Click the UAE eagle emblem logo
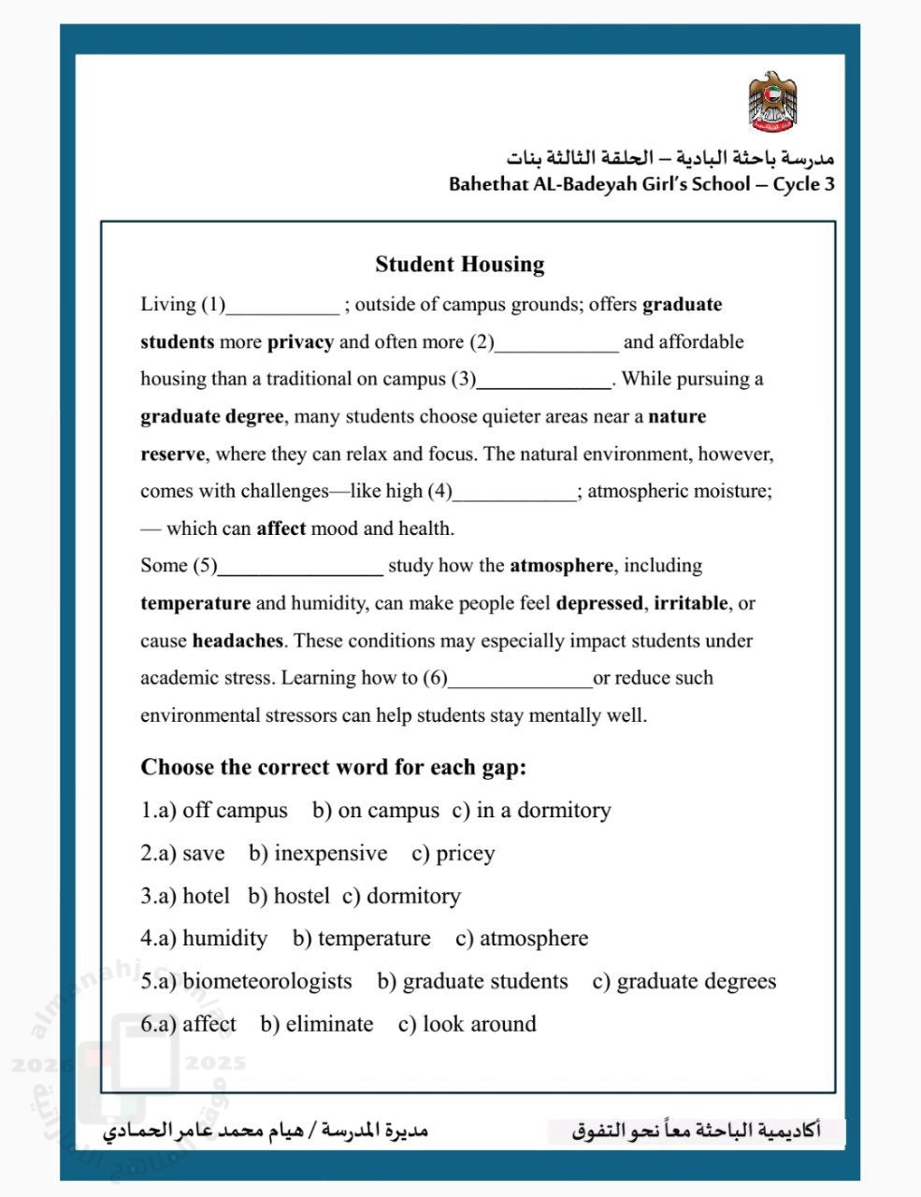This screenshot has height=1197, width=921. (772, 101)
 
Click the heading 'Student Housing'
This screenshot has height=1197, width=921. (459, 265)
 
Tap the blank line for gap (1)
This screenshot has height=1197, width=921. (283, 307)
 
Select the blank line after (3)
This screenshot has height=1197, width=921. (544, 382)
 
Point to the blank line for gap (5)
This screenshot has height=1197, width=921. (300, 569)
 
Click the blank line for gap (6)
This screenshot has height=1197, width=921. (520, 681)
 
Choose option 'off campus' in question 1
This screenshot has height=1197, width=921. (235, 811)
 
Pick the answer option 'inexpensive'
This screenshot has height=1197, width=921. (330, 854)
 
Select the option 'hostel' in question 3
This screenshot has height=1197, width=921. (301, 897)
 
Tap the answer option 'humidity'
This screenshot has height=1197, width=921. (224, 939)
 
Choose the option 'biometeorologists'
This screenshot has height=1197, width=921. (266, 982)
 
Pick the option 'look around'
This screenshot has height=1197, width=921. (479, 1025)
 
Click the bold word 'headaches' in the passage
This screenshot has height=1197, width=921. (237, 642)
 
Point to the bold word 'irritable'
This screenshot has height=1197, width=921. (690, 604)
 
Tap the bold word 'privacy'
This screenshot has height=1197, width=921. (300, 342)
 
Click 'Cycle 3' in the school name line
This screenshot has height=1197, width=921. (803, 184)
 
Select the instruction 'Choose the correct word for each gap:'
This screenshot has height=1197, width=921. (334, 768)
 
